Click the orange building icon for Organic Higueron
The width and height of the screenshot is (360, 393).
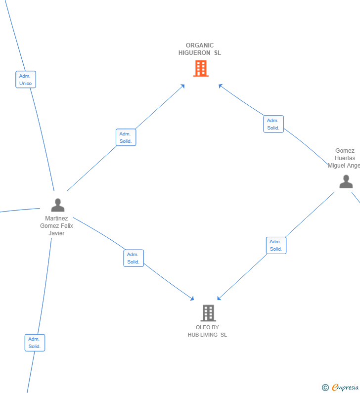pyautogui.click(x=201, y=68)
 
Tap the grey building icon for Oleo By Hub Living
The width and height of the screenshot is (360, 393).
pyautogui.click(x=208, y=313)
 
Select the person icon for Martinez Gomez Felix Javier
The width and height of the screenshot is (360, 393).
pyautogui.click(x=58, y=205)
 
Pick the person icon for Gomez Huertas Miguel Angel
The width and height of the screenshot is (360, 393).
pyautogui.click(x=346, y=181)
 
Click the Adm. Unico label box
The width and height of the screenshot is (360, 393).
pyautogui.click(x=26, y=80)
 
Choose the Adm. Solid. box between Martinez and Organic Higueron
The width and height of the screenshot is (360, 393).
pyautogui.click(x=126, y=137)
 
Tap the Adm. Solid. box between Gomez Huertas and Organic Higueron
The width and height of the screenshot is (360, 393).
pyautogui.click(x=273, y=124)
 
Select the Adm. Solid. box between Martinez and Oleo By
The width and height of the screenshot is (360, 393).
pyautogui.click(x=134, y=258)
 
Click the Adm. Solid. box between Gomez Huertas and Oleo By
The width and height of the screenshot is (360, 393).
pyautogui.click(x=276, y=245)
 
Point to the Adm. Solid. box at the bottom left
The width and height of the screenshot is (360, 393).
pyautogui.click(x=35, y=343)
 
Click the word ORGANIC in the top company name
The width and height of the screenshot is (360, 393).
pyautogui.click(x=200, y=45)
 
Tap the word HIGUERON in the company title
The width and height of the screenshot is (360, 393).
pyautogui.click(x=194, y=53)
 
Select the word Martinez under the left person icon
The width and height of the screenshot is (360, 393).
pyautogui.click(x=56, y=218)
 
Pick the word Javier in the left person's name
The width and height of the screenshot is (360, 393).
pyautogui.click(x=56, y=233)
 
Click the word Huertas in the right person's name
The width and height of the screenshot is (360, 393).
pyautogui.click(x=345, y=158)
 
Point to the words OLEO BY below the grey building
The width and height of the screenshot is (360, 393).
pyautogui.click(x=207, y=327)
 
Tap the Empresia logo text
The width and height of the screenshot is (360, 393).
pyautogui.click(x=346, y=387)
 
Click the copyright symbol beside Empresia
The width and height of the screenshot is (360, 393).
pyautogui.click(x=325, y=388)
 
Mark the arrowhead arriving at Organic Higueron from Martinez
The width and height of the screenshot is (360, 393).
pyautogui.click(x=183, y=86)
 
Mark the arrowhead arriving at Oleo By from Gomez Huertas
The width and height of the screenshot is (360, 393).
pyautogui.click(x=219, y=298)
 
